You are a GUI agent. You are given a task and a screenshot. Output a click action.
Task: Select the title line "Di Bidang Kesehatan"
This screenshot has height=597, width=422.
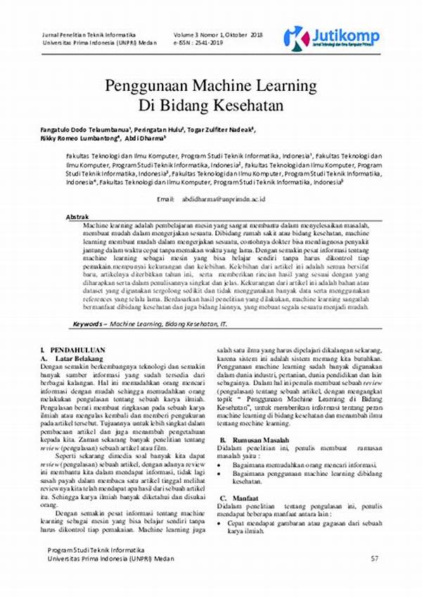click(210, 106)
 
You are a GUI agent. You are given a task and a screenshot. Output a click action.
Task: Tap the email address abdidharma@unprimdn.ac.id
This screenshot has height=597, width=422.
click(223, 200)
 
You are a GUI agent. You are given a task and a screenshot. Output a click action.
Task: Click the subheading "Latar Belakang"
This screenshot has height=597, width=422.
click(80, 358)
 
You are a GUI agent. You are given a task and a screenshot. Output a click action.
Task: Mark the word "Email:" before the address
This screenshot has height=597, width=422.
click(165, 200)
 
